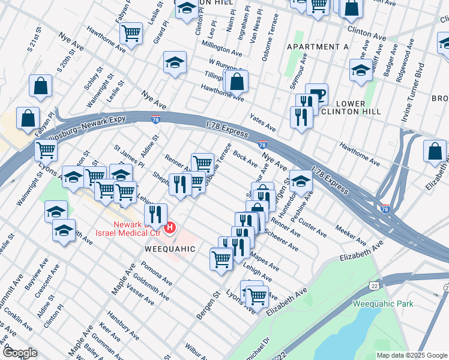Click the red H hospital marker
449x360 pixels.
[170, 227]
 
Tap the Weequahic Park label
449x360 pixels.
[383, 304]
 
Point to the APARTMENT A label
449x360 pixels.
[318, 47]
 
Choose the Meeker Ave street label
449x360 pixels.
[351, 235]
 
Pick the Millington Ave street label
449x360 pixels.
[221, 49]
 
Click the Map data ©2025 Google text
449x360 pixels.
[412, 355]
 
